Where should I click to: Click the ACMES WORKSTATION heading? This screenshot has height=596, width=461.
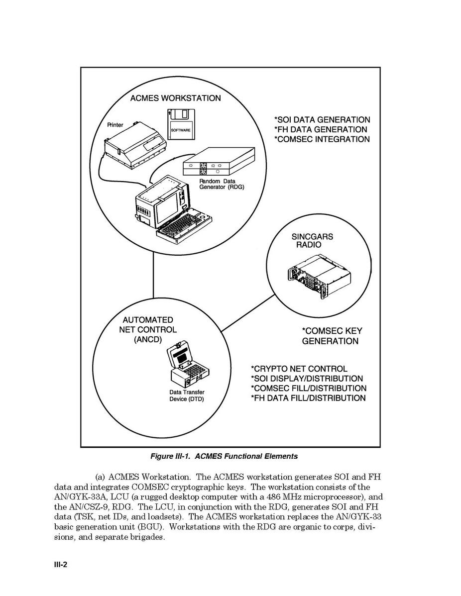[175, 98]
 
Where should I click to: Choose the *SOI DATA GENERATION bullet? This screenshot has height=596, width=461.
[322, 120]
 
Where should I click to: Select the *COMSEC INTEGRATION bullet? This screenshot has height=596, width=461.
[322, 139]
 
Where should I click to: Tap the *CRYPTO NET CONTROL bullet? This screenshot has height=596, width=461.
[299, 369]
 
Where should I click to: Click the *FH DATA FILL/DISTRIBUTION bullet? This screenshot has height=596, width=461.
[308, 398]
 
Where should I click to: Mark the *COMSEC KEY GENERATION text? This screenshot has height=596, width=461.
[332, 336]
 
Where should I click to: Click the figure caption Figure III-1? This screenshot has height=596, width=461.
[224, 456]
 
